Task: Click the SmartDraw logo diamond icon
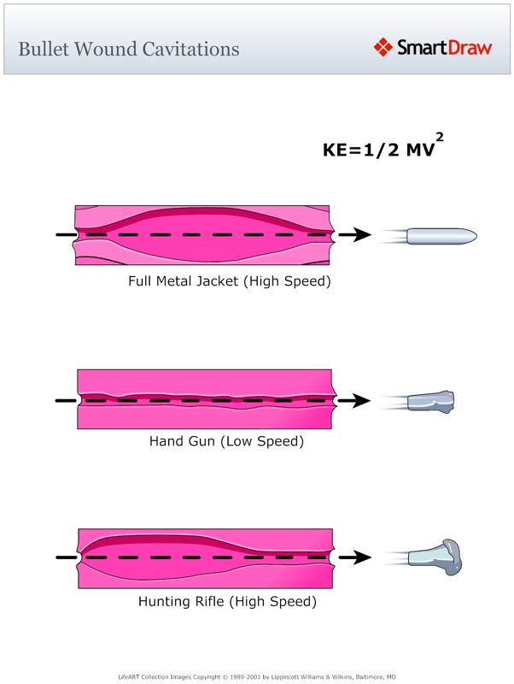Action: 383,47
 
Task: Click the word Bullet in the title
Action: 44,48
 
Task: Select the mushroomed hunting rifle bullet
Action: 435,557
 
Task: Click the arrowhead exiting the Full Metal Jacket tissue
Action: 361,235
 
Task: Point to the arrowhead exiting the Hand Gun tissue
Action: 361,400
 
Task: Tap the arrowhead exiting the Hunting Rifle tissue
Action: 361,557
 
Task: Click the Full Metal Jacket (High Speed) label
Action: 229,280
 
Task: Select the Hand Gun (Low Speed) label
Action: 226,442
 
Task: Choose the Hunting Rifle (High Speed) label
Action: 227,602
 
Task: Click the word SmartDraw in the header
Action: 444,47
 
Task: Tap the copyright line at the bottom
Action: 257,675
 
